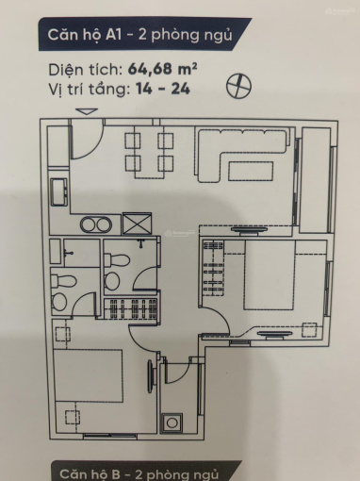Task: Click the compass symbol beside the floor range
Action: pyautogui.click(x=239, y=86)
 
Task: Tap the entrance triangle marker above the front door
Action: pyautogui.click(x=87, y=111)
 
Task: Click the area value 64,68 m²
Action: pyautogui.click(x=162, y=69)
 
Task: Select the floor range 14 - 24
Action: pyautogui.click(x=163, y=89)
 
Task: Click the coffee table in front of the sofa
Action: pyautogui.click(x=251, y=171)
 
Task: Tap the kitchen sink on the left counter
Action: pyautogui.click(x=58, y=192)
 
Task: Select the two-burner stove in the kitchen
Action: pyautogui.click(x=96, y=224)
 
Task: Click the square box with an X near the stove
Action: pyautogui.click(x=137, y=224)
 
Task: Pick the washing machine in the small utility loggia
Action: pyautogui.click(x=172, y=422)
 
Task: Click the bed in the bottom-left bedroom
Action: pyautogui.click(x=88, y=375)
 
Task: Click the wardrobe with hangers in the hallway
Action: pyautogui.click(x=130, y=308)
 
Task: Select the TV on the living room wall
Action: pyautogui.click(x=248, y=230)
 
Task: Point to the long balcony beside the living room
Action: pyautogui.click(x=316, y=180)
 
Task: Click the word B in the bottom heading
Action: pyautogui.click(x=116, y=474)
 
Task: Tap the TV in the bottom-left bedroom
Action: pyautogui.click(x=152, y=375)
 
